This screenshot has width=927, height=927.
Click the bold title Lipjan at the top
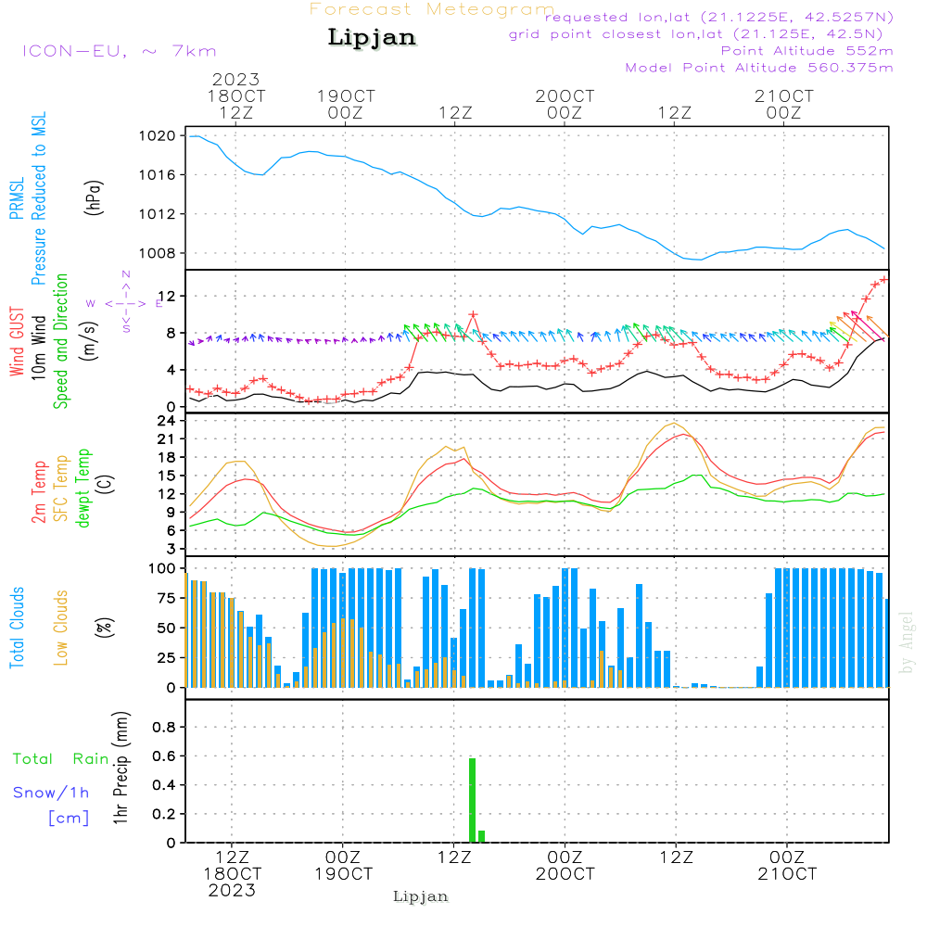(372, 38)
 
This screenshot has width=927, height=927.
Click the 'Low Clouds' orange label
(62, 628)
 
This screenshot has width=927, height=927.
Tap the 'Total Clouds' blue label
(18, 628)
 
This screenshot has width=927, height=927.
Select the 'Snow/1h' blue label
(52, 793)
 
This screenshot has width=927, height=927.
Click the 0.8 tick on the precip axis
(164, 728)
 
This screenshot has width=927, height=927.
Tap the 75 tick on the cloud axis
(163, 598)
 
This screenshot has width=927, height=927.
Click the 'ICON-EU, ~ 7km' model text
(119, 51)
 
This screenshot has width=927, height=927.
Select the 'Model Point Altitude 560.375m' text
(759, 68)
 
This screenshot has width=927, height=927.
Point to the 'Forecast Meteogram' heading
(432, 9)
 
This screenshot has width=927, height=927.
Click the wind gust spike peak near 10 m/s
(473, 314)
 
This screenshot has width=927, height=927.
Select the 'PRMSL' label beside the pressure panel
(18, 198)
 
